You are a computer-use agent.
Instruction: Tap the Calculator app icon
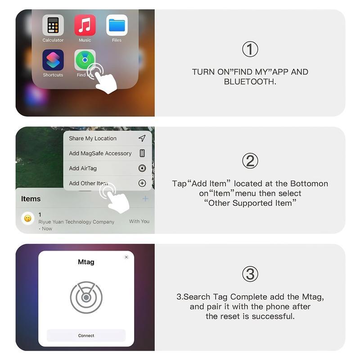[x=53, y=25]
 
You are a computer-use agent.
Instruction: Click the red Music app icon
[x=85, y=25]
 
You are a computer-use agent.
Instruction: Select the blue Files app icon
[x=117, y=25]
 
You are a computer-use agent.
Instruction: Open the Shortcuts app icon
[x=53, y=60]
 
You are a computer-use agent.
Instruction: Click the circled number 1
[x=250, y=49]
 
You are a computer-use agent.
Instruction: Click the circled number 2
[x=250, y=161]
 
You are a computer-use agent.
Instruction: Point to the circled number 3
[x=250, y=274]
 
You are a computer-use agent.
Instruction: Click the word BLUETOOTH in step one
[x=250, y=82]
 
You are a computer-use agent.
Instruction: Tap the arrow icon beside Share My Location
[x=142, y=138]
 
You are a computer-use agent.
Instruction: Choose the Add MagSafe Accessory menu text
[x=100, y=153]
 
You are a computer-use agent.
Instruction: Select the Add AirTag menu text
[x=83, y=168]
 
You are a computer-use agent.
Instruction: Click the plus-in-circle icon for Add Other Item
[x=142, y=183]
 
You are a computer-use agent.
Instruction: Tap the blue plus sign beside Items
[x=145, y=198]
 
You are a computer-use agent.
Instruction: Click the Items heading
[x=31, y=199]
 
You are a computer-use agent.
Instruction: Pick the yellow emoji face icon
[x=28, y=219]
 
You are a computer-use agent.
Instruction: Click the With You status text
[x=139, y=221]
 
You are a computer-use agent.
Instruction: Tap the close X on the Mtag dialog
[x=126, y=257]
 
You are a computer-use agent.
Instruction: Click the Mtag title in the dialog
[x=86, y=262]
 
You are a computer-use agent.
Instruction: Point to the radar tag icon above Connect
[x=86, y=297]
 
